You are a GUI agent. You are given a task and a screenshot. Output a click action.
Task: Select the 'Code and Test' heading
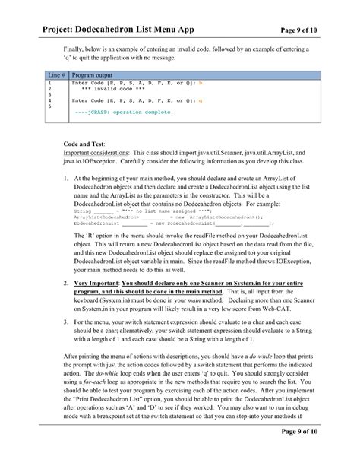coord(84,143)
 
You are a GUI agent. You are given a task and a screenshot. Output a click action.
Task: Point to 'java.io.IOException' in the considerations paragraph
coord(89,160)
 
